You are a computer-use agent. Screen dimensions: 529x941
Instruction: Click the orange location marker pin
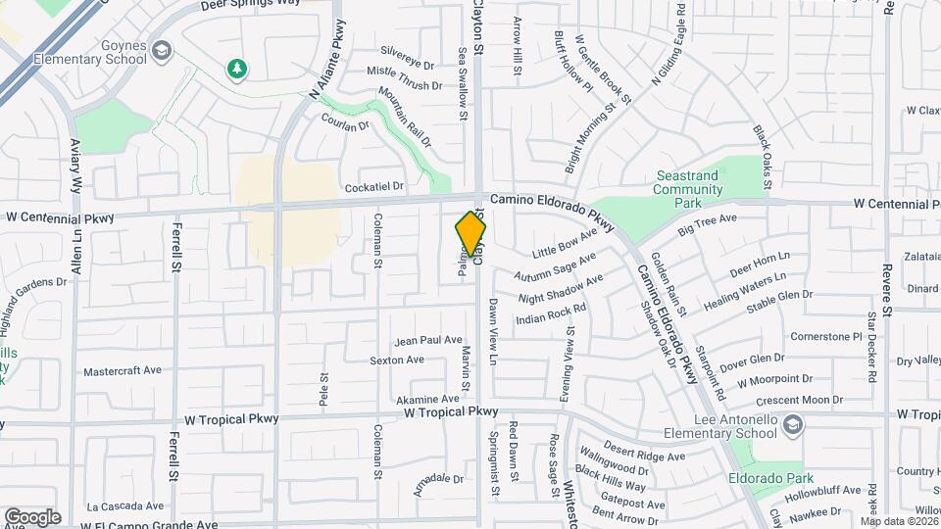point(471,235)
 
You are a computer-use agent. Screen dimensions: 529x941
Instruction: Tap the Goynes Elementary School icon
point(161,49)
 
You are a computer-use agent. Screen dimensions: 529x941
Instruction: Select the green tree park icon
point(235,69)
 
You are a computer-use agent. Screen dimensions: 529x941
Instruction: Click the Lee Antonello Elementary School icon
point(792,424)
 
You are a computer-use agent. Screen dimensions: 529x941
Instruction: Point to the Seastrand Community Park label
point(687,189)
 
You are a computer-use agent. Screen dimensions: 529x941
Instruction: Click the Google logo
point(32,516)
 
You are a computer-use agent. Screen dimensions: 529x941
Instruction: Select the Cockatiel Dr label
point(373,186)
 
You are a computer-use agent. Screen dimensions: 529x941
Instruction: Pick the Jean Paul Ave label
point(427,341)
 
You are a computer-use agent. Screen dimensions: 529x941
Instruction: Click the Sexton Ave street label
point(397,360)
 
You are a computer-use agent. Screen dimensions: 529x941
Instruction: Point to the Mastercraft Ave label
point(123,371)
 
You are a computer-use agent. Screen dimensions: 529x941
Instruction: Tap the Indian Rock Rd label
point(551,313)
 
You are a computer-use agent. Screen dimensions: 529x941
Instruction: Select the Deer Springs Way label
point(250,5)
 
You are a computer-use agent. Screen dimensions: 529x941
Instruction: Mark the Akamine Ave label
point(427,400)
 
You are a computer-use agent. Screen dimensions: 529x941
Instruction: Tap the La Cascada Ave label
point(125,506)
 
